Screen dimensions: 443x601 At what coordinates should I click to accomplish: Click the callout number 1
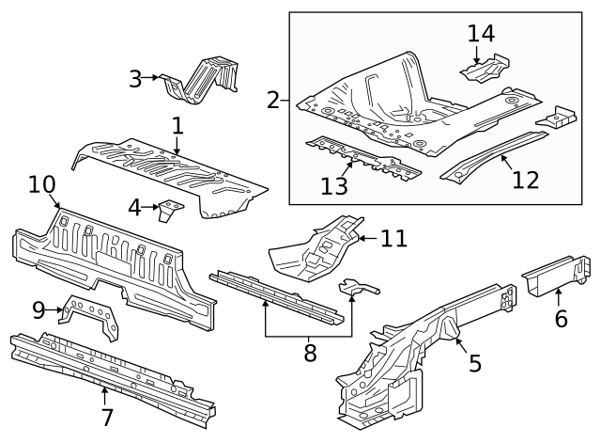[177, 125]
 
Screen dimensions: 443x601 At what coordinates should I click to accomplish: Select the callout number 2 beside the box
[273, 99]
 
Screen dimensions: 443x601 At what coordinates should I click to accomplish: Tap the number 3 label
[135, 78]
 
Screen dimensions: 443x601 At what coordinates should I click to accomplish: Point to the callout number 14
[481, 33]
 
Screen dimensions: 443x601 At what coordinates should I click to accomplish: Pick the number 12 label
[526, 178]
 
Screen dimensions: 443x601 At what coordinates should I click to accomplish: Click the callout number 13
[333, 186]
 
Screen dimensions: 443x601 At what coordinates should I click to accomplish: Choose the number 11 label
[393, 238]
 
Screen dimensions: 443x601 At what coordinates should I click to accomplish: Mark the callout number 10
[42, 184]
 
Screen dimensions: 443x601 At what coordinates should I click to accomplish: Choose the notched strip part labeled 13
[362, 157]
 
